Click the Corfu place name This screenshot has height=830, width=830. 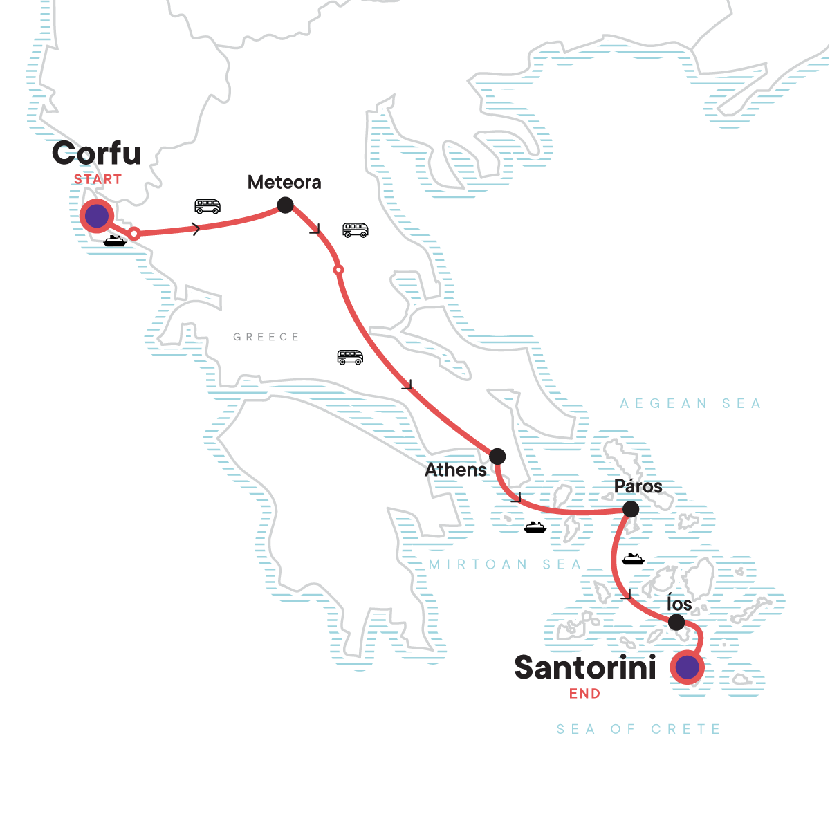pos(96,154)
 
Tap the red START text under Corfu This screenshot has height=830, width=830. pos(98,179)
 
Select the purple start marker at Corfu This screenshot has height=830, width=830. pos(97,216)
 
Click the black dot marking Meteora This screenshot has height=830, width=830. pos(285,205)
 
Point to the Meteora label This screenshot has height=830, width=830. pos(284,183)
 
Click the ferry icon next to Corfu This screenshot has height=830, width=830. pos(115,241)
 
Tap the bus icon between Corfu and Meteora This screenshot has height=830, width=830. pos(207,206)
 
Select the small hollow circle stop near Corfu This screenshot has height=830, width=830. pos(135,234)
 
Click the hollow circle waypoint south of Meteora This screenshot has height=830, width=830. pos(338,270)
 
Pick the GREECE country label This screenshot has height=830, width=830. pos(266,337)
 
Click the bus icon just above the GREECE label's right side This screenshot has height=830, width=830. pos(350,357)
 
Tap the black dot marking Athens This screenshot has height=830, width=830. pos(497,456)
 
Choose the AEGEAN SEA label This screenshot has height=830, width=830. pos(690,403)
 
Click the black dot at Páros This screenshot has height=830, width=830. pos(631,510)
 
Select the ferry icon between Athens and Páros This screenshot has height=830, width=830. pos(535,527)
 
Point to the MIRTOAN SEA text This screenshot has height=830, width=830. pos(505,564)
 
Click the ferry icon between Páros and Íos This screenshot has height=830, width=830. pos(633,559)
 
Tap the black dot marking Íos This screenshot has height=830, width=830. pos(676,622)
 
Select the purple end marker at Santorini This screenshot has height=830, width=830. pos(687,668)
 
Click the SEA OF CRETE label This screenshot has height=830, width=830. pos(638,729)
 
